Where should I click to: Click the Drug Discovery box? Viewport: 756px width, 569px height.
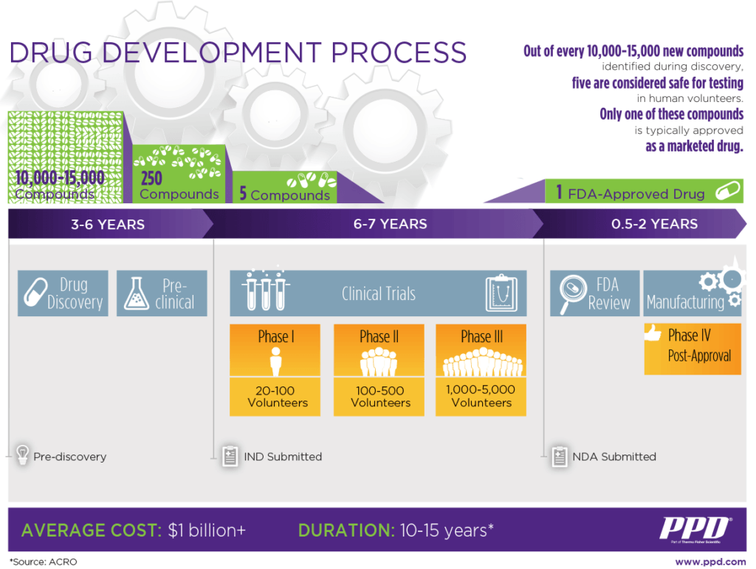pyautogui.click(x=63, y=293)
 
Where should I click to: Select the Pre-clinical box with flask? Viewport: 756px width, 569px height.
pyautogui.click(x=162, y=293)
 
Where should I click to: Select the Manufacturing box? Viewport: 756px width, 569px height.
pyautogui.click(x=692, y=293)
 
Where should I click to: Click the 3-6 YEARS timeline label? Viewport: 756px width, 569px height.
pyautogui.click(x=108, y=224)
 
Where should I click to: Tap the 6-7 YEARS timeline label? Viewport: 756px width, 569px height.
pyautogui.click(x=390, y=224)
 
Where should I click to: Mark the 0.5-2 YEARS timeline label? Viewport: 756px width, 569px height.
pyautogui.click(x=654, y=224)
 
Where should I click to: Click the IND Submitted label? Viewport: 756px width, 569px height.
pyautogui.click(x=283, y=457)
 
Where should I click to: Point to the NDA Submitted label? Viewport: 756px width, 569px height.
pyautogui.click(x=614, y=457)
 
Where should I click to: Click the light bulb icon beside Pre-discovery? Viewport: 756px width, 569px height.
pyautogui.click(x=22, y=454)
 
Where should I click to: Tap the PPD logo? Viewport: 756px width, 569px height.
pyautogui.click(x=694, y=530)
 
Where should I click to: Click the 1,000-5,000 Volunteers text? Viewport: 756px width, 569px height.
pyautogui.click(x=481, y=396)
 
